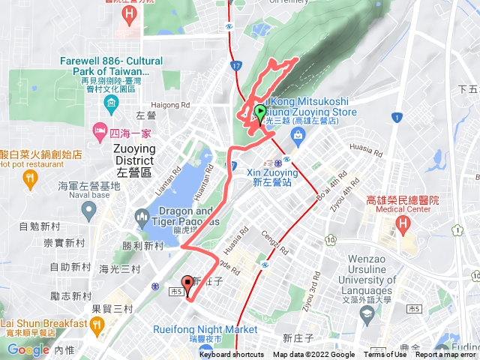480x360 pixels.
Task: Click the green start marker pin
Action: click(260, 113)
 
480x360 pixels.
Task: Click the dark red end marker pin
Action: click(187, 284)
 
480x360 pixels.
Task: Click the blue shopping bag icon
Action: click(298, 135)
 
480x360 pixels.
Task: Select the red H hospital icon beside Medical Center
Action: click(403, 223)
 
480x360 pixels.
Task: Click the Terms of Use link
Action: click(385, 355)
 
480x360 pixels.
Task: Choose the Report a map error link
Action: click(446, 355)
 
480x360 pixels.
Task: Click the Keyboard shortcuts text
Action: click(231, 355)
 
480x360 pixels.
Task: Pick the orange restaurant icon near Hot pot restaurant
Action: click(29, 178)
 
